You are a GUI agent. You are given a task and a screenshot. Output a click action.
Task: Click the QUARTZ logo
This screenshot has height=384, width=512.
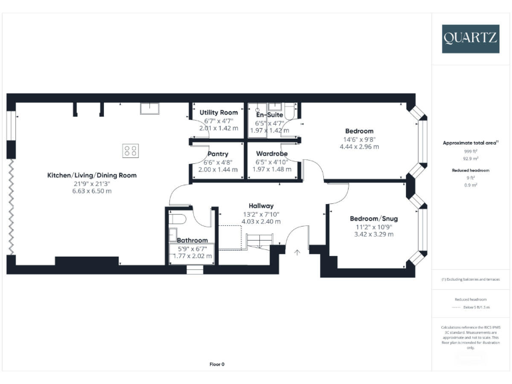470,39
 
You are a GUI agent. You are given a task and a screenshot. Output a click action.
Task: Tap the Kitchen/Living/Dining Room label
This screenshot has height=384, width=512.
92,175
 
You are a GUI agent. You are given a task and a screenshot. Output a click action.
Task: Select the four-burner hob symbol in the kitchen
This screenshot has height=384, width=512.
131,151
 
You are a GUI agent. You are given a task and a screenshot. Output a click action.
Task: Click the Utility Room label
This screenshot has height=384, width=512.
219,113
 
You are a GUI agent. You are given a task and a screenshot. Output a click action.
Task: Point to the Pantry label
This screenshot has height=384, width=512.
218,154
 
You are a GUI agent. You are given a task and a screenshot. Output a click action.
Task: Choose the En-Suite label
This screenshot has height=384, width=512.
271,115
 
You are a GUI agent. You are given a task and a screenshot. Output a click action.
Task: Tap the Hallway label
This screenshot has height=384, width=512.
261,205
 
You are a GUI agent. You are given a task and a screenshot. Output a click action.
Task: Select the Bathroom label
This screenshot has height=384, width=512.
192,240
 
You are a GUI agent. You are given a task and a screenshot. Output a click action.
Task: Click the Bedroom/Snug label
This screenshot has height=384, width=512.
372,219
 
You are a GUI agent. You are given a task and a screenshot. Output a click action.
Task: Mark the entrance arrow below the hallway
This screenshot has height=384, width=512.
297,252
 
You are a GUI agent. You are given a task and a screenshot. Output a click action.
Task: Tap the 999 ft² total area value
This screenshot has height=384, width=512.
471,152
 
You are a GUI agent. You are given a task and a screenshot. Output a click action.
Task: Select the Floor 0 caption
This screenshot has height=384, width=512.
217,364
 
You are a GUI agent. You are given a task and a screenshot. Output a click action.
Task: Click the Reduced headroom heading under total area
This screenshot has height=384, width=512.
471,170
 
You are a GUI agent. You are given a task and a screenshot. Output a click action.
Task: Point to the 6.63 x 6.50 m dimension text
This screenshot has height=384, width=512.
92,191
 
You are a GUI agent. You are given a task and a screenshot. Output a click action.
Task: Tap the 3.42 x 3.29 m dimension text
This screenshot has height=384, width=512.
373,235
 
